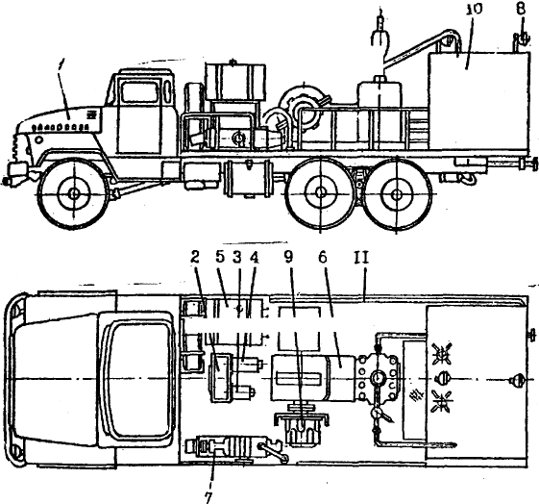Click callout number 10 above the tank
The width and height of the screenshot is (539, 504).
pyautogui.click(x=474, y=10)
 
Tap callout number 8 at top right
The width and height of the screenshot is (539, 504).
pyautogui.click(x=521, y=9)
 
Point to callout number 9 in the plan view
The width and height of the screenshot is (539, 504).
pyautogui.click(x=289, y=258)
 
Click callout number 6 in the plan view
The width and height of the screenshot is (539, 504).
pyautogui.click(x=323, y=258)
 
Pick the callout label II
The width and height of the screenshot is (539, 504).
pyautogui.click(x=361, y=258)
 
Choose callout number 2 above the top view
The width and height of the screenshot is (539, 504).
pyautogui.click(x=195, y=258)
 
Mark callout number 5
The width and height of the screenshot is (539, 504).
pyautogui.click(x=220, y=258)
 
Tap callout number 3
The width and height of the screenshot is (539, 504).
pyautogui.click(x=237, y=258)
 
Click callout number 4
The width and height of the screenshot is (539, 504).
pyautogui.click(x=254, y=258)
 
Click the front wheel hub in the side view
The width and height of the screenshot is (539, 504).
pyautogui.click(x=74, y=193)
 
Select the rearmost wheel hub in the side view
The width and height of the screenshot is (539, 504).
pyautogui.click(x=397, y=194)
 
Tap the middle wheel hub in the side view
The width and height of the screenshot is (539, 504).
pyautogui.click(x=320, y=193)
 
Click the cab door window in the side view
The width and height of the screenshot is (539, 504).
pyautogui.click(x=140, y=91)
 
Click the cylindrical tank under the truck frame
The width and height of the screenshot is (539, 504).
pyautogui.click(x=248, y=179)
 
